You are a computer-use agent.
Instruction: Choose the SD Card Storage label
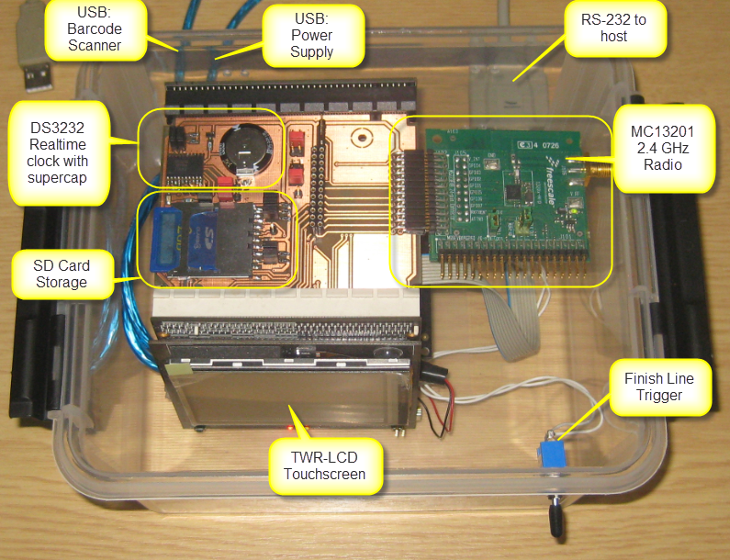tap(61, 274)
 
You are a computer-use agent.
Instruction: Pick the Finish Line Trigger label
tap(658, 387)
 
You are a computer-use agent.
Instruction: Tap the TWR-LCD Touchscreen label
tap(325, 465)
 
